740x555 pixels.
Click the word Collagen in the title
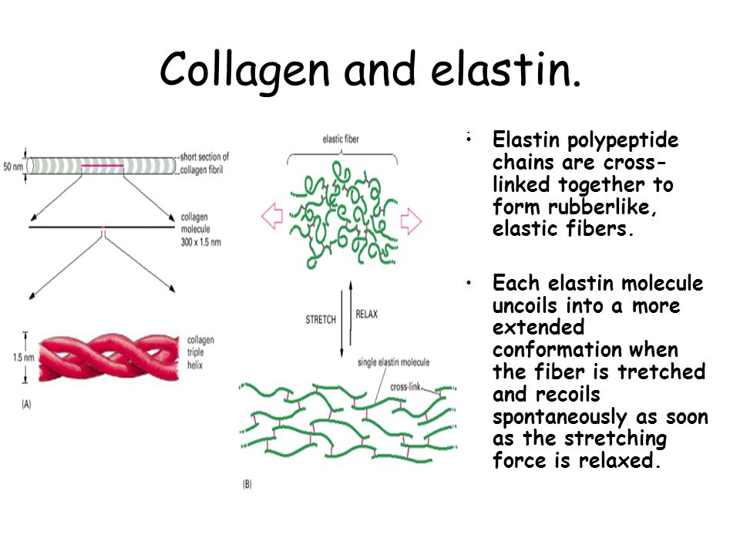[244, 71]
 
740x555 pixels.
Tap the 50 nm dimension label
[13, 166]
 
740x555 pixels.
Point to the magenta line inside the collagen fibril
[103, 166]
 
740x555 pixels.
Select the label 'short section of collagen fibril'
[204, 163]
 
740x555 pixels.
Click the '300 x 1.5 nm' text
[201, 242]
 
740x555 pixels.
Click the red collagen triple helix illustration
[109, 357]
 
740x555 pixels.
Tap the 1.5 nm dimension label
[24, 357]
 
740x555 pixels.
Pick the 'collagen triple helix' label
[200, 352]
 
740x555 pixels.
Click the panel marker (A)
[26, 404]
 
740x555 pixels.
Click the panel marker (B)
[247, 484]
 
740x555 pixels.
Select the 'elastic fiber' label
[341, 139]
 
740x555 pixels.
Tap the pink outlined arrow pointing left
[272, 216]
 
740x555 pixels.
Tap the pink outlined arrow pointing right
[411, 221]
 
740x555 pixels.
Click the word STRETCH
[321, 319]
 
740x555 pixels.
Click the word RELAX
[367, 314]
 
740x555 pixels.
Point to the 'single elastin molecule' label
[394, 362]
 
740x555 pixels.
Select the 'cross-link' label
[405, 387]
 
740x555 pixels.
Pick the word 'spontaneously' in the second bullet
[560, 417]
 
